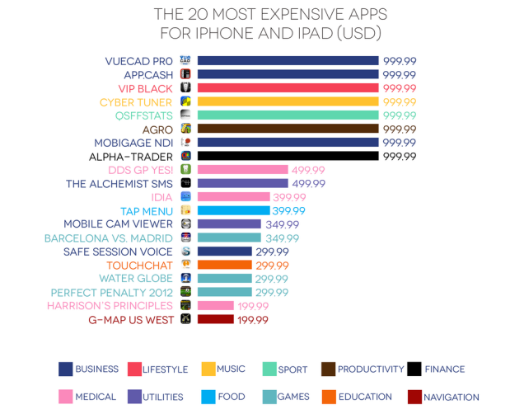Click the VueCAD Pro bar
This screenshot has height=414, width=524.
pos(288,61)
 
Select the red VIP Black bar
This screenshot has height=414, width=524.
pos(288,88)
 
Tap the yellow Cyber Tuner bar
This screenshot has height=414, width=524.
pos(288,101)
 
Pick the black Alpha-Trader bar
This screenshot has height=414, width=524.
pos(288,156)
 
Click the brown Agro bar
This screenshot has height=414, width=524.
pos(288,129)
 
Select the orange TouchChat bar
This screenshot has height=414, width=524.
pos(224,265)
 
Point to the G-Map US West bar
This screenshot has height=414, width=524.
pos(215,319)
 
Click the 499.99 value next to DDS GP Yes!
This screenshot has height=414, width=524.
pos(308,170)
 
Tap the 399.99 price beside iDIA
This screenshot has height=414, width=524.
pos(289,197)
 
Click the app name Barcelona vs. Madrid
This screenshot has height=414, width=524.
pos(109,238)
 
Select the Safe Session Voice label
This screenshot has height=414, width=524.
pos(118,252)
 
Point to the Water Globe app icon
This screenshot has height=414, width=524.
pos(186,279)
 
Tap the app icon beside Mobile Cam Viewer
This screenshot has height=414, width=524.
pos(186,224)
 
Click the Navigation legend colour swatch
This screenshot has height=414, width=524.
pos(414,397)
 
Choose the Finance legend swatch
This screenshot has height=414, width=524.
pos(414,369)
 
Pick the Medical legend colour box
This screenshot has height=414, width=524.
pos(65,397)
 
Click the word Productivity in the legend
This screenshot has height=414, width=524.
pos(371,369)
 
